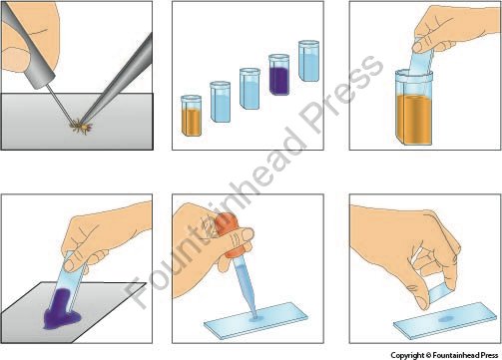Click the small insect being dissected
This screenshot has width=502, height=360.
(x=81, y=127)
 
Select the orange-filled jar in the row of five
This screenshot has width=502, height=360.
(x=191, y=116)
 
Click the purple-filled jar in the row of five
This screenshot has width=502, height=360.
(x=278, y=75)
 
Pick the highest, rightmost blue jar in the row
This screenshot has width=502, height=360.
(x=308, y=61)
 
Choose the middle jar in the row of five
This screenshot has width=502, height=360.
(x=250, y=89)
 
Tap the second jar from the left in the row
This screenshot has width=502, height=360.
(x=221, y=102)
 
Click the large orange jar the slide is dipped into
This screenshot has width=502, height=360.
(x=414, y=108)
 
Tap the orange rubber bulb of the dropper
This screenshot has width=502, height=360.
(x=232, y=235)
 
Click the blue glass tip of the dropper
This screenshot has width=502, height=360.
(x=246, y=286)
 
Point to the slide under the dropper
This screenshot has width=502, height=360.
(x=256, y=320)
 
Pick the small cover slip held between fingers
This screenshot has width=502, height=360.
(x=441, y=292)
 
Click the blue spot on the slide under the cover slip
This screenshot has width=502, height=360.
(x=445, y=319)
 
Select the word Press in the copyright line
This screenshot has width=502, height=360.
(x=489, y=355)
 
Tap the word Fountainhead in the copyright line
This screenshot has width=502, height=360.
(x=456, y=355)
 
